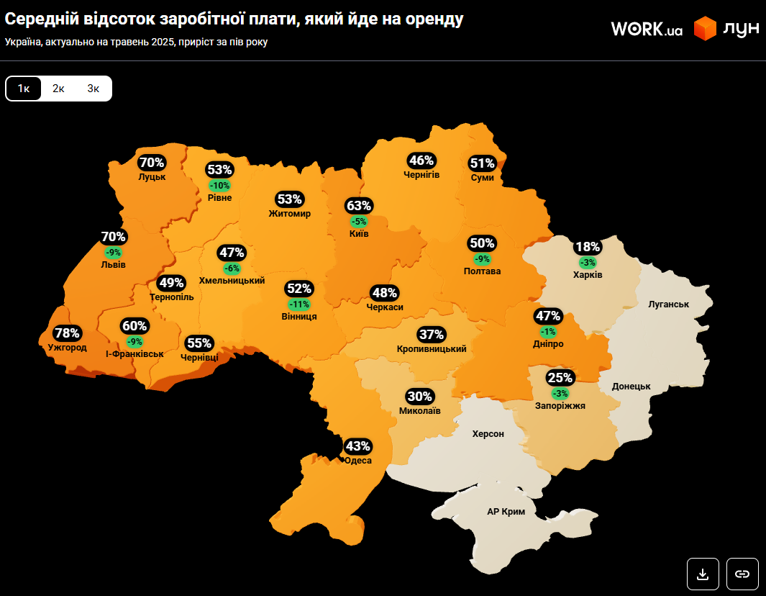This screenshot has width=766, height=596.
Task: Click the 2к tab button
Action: [58, 89]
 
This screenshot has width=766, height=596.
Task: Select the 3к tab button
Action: [94, 89]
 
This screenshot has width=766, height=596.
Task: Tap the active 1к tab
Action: [24, 89]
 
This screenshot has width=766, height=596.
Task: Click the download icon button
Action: [703, 574]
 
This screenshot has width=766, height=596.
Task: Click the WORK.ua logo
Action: [646, 29]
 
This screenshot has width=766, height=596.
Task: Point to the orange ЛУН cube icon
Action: [705, 29]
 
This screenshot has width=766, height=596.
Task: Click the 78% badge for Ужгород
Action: [67, 333]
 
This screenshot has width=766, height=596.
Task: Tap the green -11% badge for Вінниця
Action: [298, 304]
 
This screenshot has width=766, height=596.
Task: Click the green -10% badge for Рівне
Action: [219, 185]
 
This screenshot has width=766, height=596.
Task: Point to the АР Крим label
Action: [506, 512]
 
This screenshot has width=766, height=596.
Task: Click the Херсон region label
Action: [488, 434]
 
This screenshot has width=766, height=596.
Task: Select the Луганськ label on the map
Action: [668, 304]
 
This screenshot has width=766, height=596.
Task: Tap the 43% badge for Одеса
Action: [357, 446]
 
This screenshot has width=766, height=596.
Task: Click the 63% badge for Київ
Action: [358, 206]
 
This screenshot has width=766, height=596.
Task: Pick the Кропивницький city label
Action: [432, 349]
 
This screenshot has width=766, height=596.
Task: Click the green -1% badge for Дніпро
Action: [548, 331]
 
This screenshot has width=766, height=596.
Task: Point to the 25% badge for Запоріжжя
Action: [560, 378]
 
